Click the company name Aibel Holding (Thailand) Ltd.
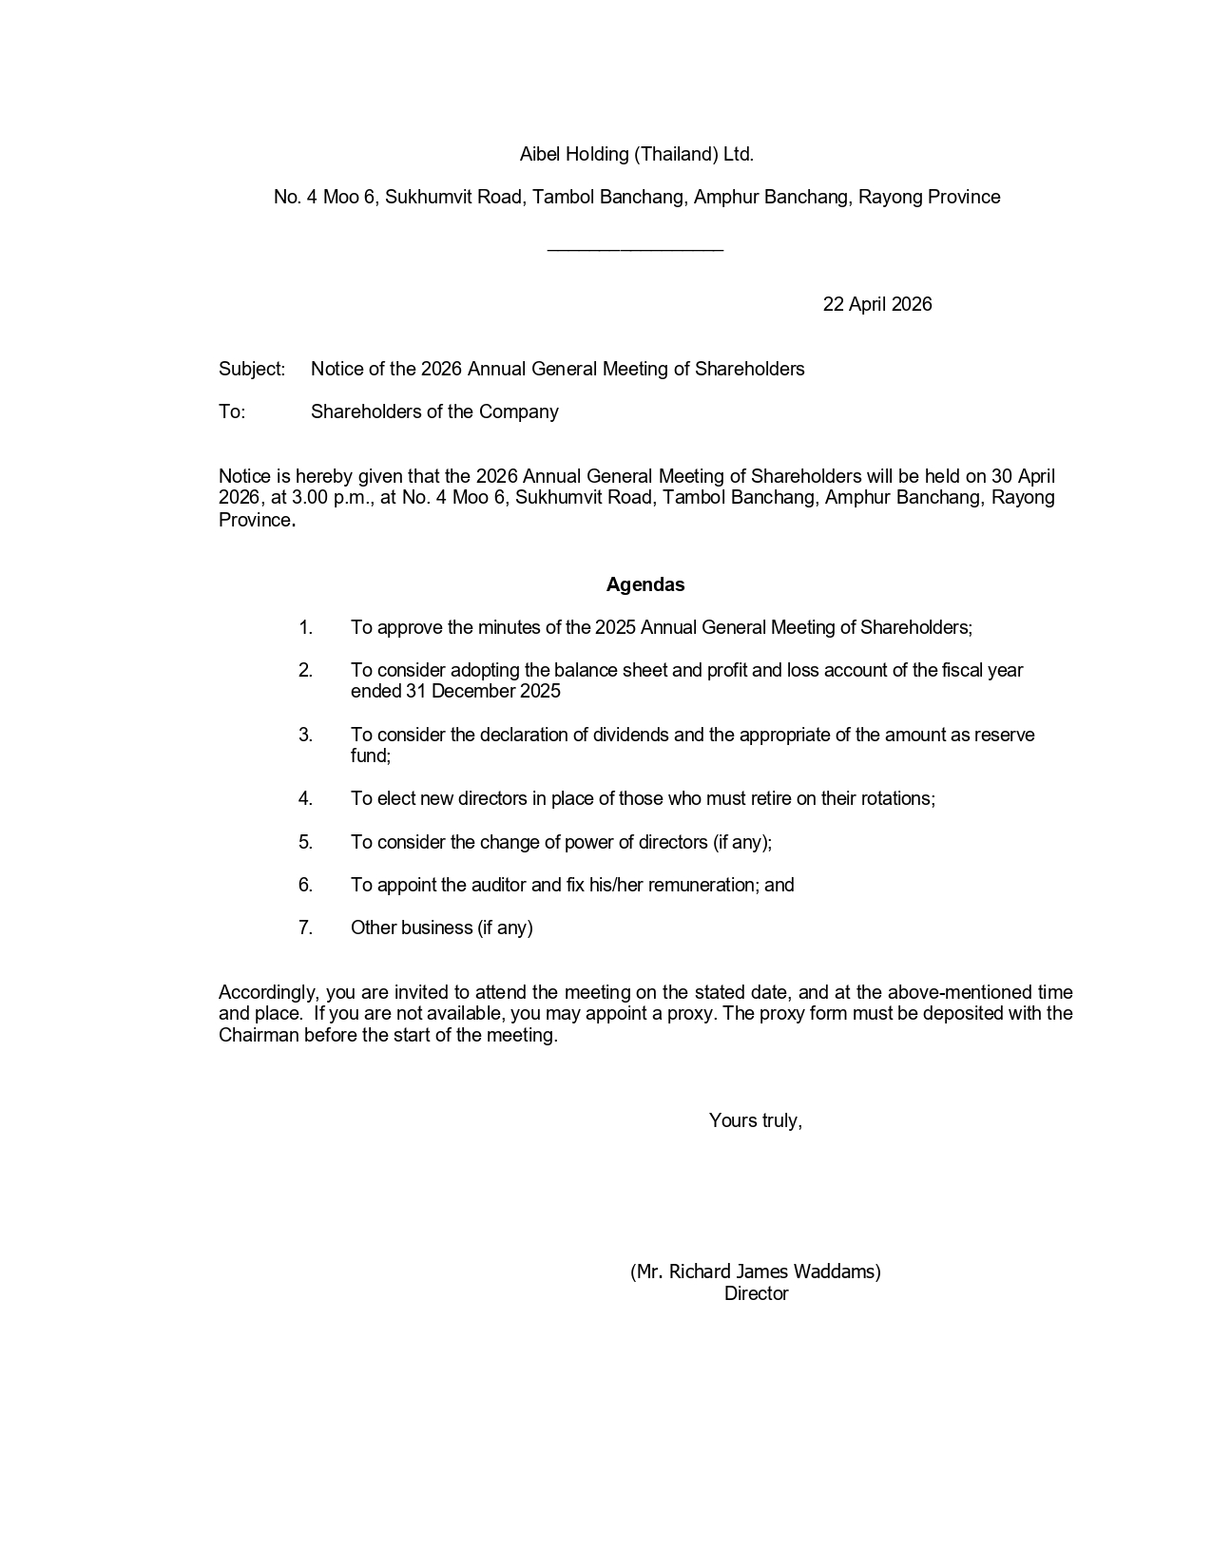(x=636, y=154)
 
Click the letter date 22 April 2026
(x=876, y=304)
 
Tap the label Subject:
(x=252, y=369)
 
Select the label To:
(x=232, y=411)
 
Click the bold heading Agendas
(x=645, y=584)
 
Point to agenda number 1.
(x=305, y=627)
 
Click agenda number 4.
(x=305, y=798)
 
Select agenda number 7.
(x=305, y=927)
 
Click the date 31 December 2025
(x=483, y=691)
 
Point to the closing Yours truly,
(x=755, y=1120)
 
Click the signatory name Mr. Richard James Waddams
(x=756, y=1272)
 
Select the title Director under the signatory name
(x=756, y=1293)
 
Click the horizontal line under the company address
(x=635, y=250)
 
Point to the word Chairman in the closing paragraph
(x=259, y=1035)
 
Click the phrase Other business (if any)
(x=441, y=927)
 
